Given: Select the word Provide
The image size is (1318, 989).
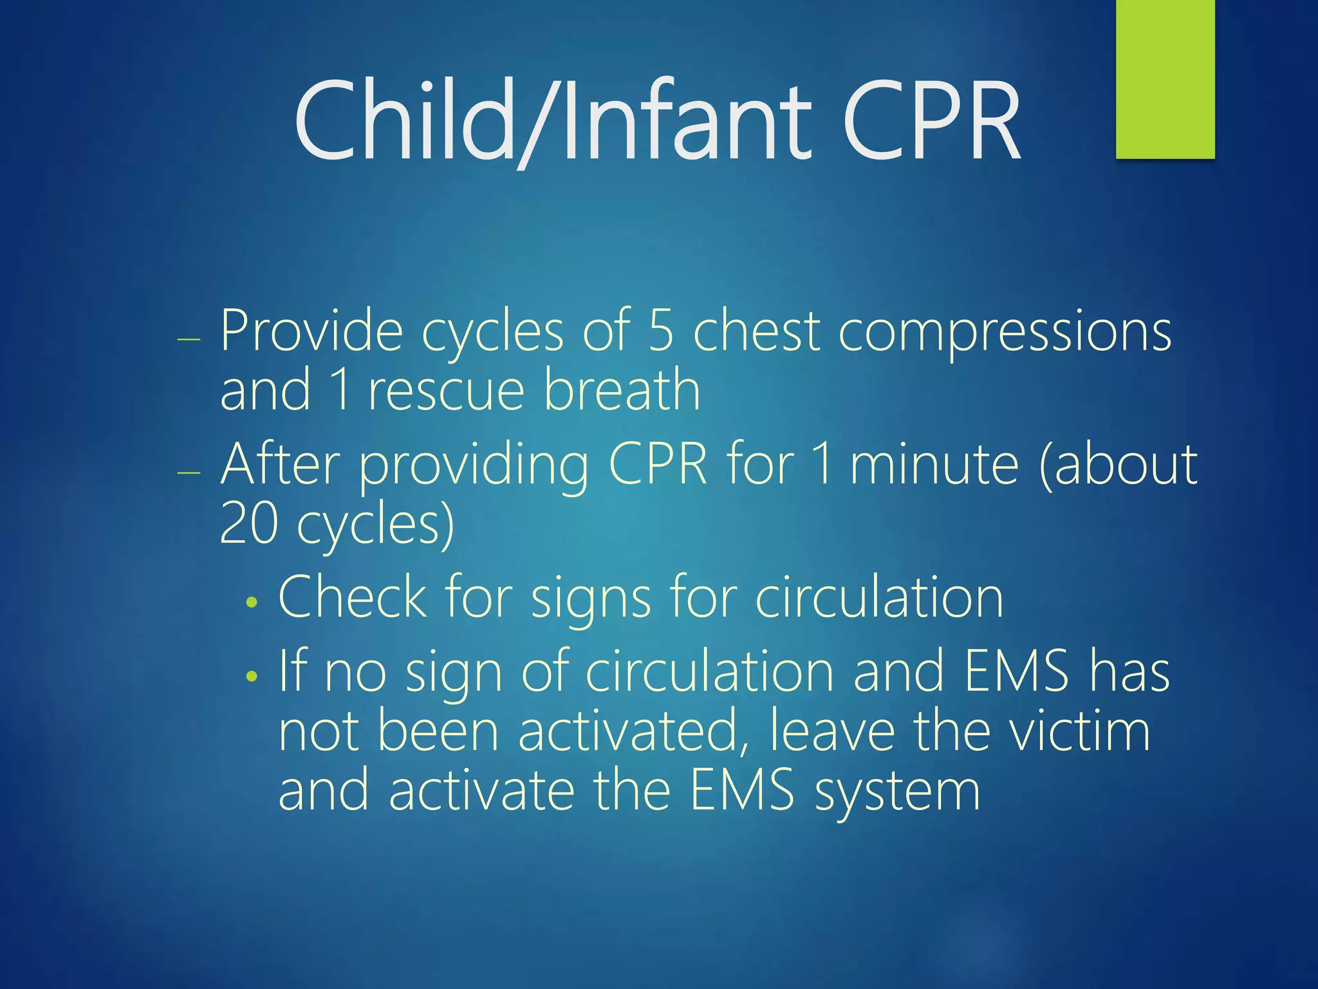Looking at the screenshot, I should click(x=311, y=331).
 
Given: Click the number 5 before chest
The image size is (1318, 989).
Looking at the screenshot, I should click(x=661, y=331).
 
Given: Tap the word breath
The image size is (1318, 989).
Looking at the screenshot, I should click(x=622, y=389).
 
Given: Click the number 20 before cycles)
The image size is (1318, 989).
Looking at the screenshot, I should click(x=248, y=523).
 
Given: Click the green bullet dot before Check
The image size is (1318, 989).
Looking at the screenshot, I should click(x=252, y=603).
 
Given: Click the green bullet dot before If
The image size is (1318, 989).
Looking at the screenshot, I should click(x=252, y=676).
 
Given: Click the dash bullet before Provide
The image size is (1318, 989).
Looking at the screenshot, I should click(x=189, y=339).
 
